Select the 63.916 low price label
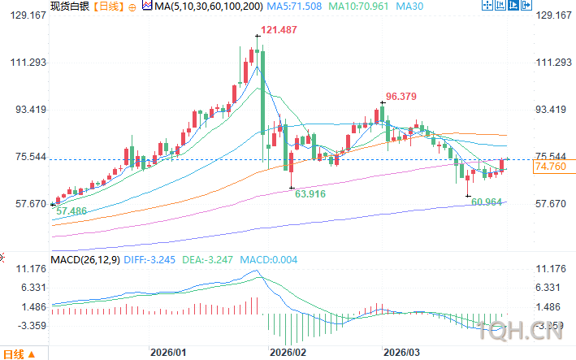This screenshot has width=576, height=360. click(311, 194)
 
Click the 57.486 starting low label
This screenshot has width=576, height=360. click(71, 210)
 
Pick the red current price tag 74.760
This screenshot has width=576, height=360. click(549, 167)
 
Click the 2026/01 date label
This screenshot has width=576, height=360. click(169, 353)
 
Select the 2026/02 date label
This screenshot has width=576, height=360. click(288, 353)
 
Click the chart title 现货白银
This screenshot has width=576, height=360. click(70, 7)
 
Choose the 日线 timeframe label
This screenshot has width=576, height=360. click(110, 7)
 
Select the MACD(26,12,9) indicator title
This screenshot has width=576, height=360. click(84, 259)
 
